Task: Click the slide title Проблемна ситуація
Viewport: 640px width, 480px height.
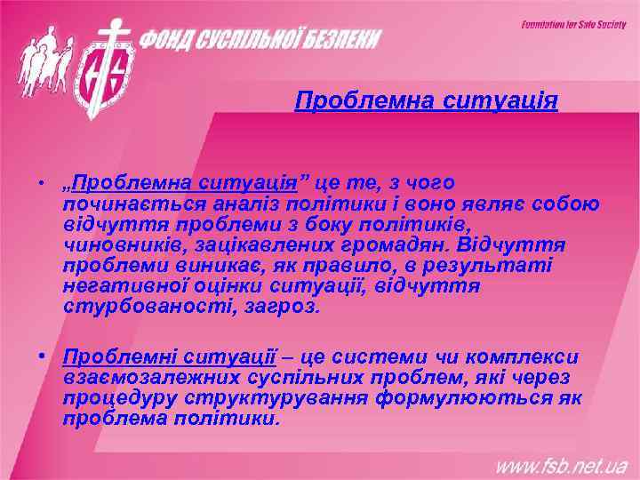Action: pyautogui.click(x=426, y=100)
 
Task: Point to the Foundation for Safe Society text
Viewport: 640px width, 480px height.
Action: pyautogui.click(x=573, y=24)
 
